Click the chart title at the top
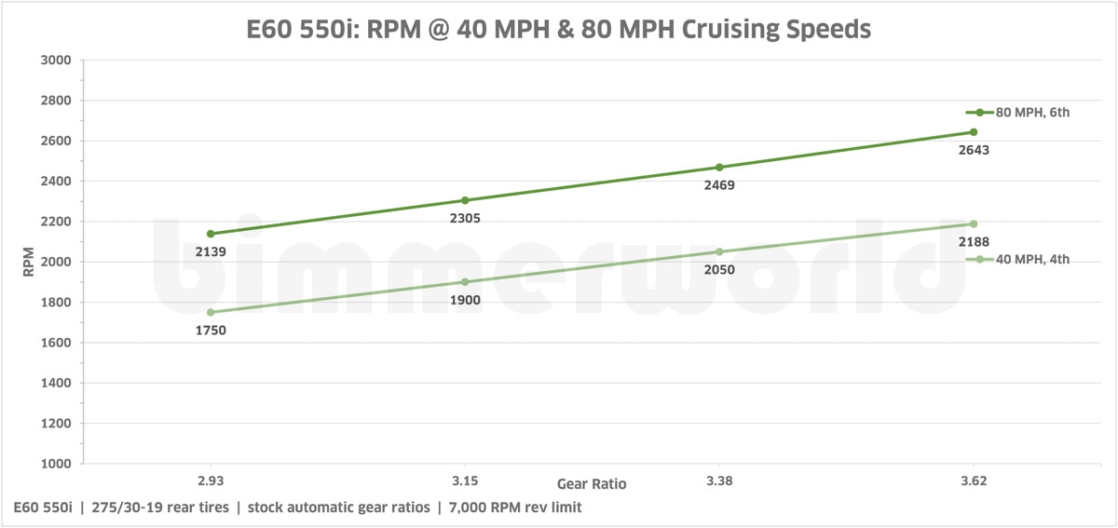559,29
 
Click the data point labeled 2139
211,234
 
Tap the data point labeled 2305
465,200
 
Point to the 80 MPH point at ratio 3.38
719,168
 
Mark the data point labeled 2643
974,132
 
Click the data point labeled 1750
211,312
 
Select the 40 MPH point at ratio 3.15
465,282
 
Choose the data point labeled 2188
974,223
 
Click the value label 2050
719,270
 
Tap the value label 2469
719,185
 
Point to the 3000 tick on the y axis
57,61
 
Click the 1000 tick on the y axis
57,464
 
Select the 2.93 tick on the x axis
211,481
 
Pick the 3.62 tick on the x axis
974,481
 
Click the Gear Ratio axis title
592,484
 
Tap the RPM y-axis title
27,262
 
